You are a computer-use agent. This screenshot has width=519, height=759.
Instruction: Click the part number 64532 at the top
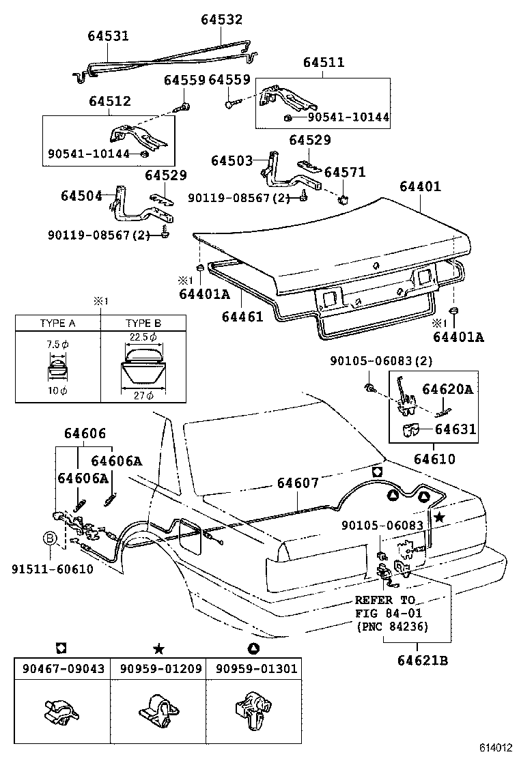pos(221,20)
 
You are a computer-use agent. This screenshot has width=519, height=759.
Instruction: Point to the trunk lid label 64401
pos(420,186)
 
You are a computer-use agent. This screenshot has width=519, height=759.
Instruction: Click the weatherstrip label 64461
pos(242,317)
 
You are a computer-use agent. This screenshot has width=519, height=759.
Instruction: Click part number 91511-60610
pos(52,569)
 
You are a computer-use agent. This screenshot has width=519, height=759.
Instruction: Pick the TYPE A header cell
pos(57,323)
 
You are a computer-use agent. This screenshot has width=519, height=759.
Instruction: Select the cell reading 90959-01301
pos(255,669)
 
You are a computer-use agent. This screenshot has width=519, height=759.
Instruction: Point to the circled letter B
pos(51,539)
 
